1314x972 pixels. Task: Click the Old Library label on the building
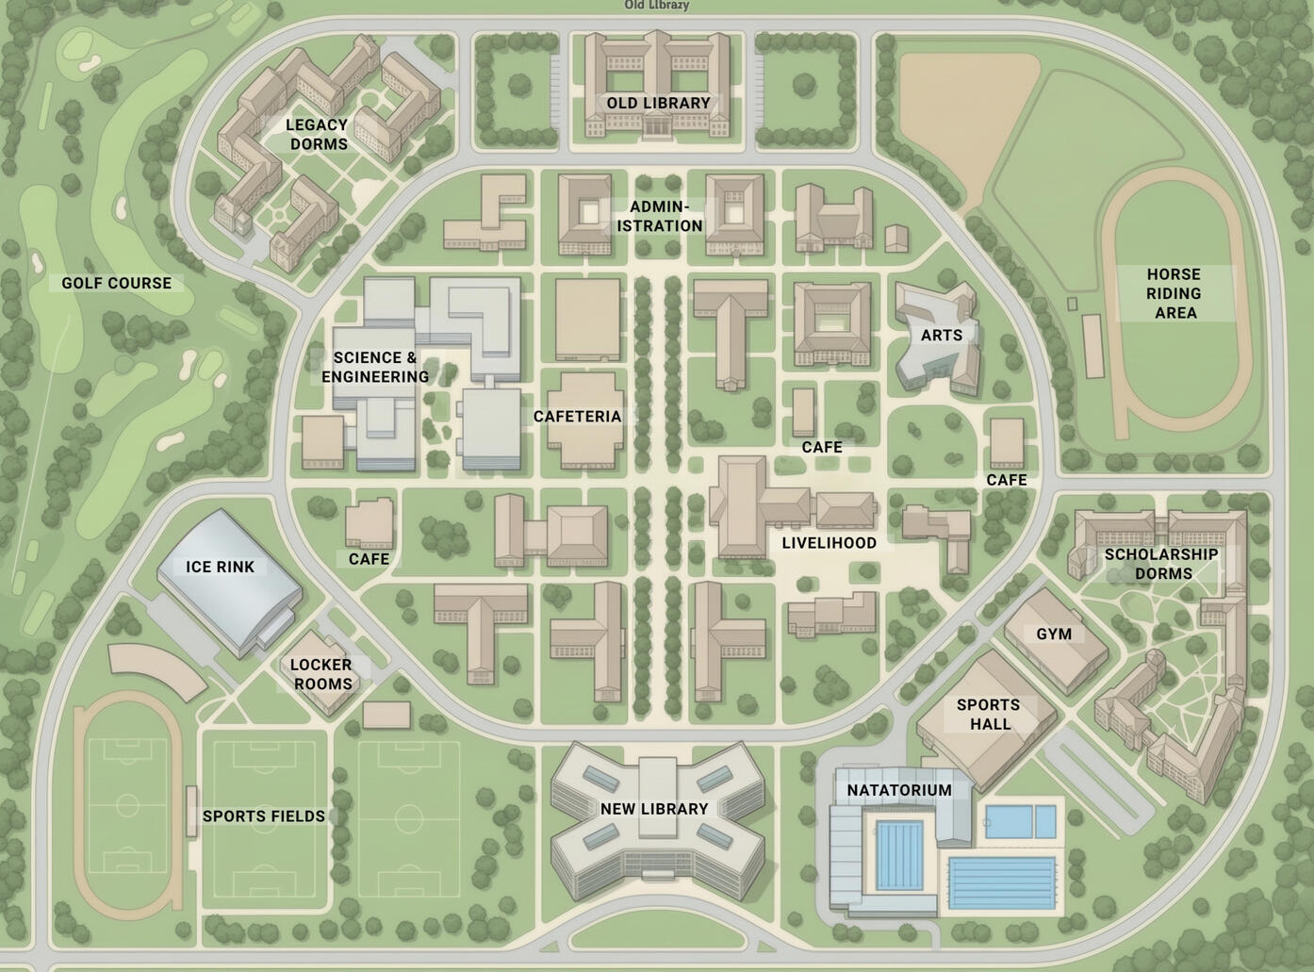tap(658, 103)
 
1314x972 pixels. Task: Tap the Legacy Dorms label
tap(318, 134)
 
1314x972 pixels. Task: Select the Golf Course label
tap(117, 283)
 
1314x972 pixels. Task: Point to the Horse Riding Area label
tap(1174, 293)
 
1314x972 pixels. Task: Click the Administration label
tap(660, 217)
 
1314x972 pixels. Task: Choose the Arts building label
tap(942, 336)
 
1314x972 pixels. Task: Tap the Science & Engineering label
tap(375, 367)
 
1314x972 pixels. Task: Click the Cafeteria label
tap(577, 417)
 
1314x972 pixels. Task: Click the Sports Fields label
tap(264, 816)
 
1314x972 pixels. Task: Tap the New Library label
tap(654, 809)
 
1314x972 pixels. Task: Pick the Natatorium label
tap(899, 790)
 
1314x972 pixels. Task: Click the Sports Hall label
tap(989, 715)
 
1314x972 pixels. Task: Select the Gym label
tap(1054, 634)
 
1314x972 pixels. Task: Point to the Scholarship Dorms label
tap(1162, 564)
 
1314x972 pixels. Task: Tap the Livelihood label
tap(829, 543)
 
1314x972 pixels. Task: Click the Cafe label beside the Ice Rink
tap(369, 559)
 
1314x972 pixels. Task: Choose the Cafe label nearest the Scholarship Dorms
tap(1007, 480)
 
